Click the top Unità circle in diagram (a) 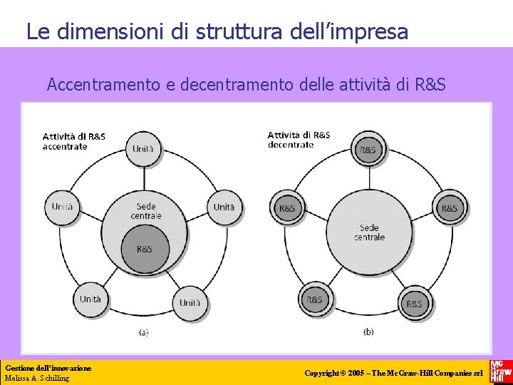[143, 149]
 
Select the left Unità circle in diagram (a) [62, 207]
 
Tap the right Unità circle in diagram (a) [224, 207]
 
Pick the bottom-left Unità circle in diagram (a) [90, 299]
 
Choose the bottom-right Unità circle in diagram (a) [190, 302]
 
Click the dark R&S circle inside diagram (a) [144, 249]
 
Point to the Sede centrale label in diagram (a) [146, 211]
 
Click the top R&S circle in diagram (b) [368, 150]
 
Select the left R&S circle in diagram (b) [287, 208]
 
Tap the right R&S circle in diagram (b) [449, 208]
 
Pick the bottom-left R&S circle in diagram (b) [314, 300]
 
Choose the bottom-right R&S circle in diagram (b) [414, 303]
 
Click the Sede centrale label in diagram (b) [369, 232]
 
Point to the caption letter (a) [143, 332]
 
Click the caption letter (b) [368, 332]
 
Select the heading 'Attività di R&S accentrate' [74, 141]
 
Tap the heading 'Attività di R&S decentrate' [299, 140]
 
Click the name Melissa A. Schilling [37, 378]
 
